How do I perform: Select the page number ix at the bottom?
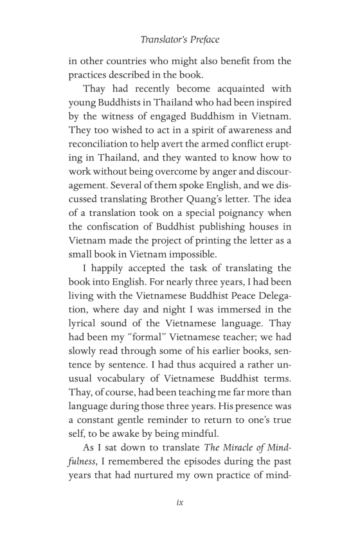180,502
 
